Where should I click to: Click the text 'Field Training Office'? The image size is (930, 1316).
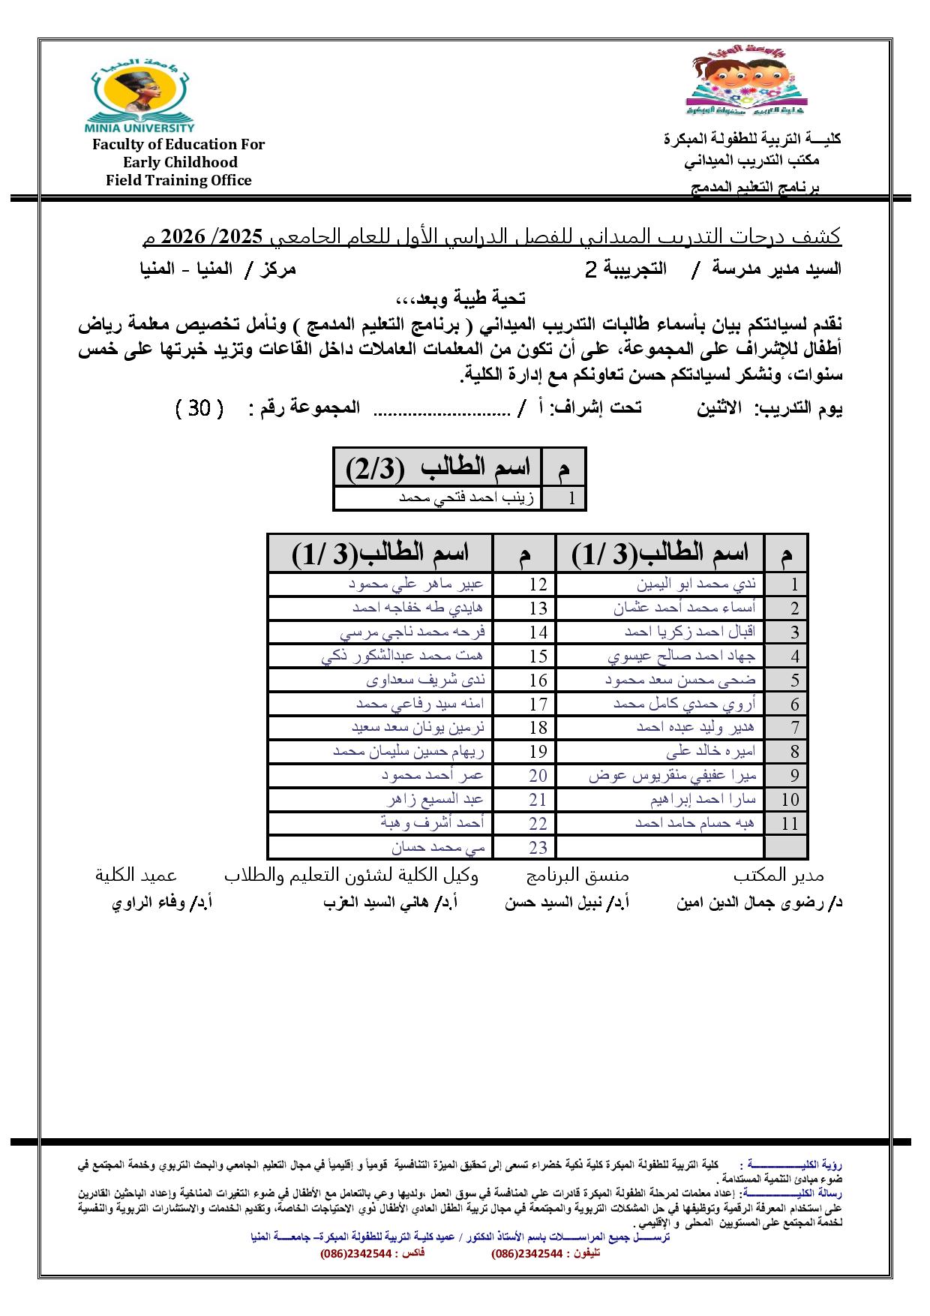(178, 180)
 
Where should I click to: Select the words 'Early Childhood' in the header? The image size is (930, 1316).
(180, 162)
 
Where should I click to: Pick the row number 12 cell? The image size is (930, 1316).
(538, 584)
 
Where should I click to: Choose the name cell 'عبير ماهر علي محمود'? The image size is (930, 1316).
(416, 584)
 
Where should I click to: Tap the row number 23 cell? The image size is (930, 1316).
(538, 848)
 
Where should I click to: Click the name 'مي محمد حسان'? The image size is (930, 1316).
(438, 847)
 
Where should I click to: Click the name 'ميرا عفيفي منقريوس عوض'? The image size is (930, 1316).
(672, 776)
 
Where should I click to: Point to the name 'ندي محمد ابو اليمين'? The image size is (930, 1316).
(697, 584)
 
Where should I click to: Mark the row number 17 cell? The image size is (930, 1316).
(538, 705)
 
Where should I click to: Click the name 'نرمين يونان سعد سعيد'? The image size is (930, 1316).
(418, 728)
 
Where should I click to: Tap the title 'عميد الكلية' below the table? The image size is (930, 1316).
(136, 876)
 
